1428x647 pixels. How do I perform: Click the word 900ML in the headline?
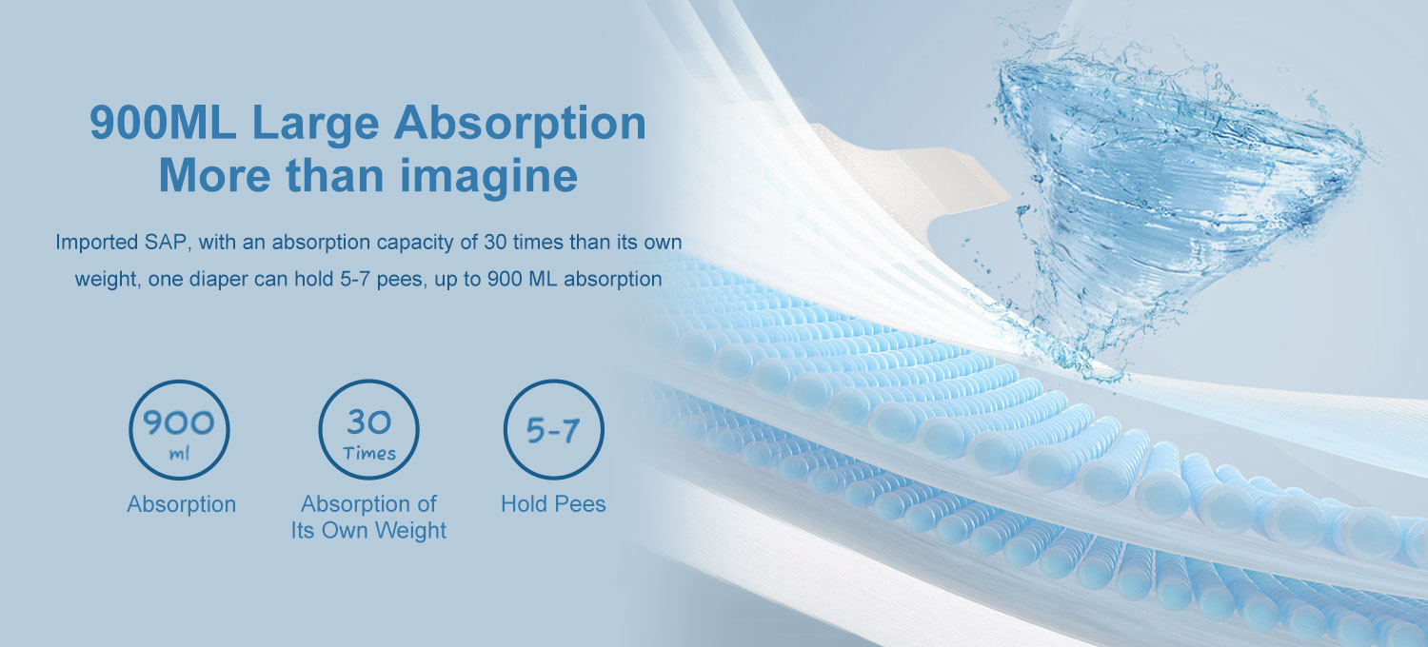click(163, 123)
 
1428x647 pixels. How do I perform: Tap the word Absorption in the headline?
click(520, 125)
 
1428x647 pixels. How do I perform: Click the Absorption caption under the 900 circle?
click(182, 504)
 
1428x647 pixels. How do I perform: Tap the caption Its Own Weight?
click(368, 530)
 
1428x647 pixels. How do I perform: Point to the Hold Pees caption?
click(553, 504)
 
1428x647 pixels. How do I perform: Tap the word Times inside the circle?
click(369, 454)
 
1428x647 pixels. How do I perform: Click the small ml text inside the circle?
click(179, 454)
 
